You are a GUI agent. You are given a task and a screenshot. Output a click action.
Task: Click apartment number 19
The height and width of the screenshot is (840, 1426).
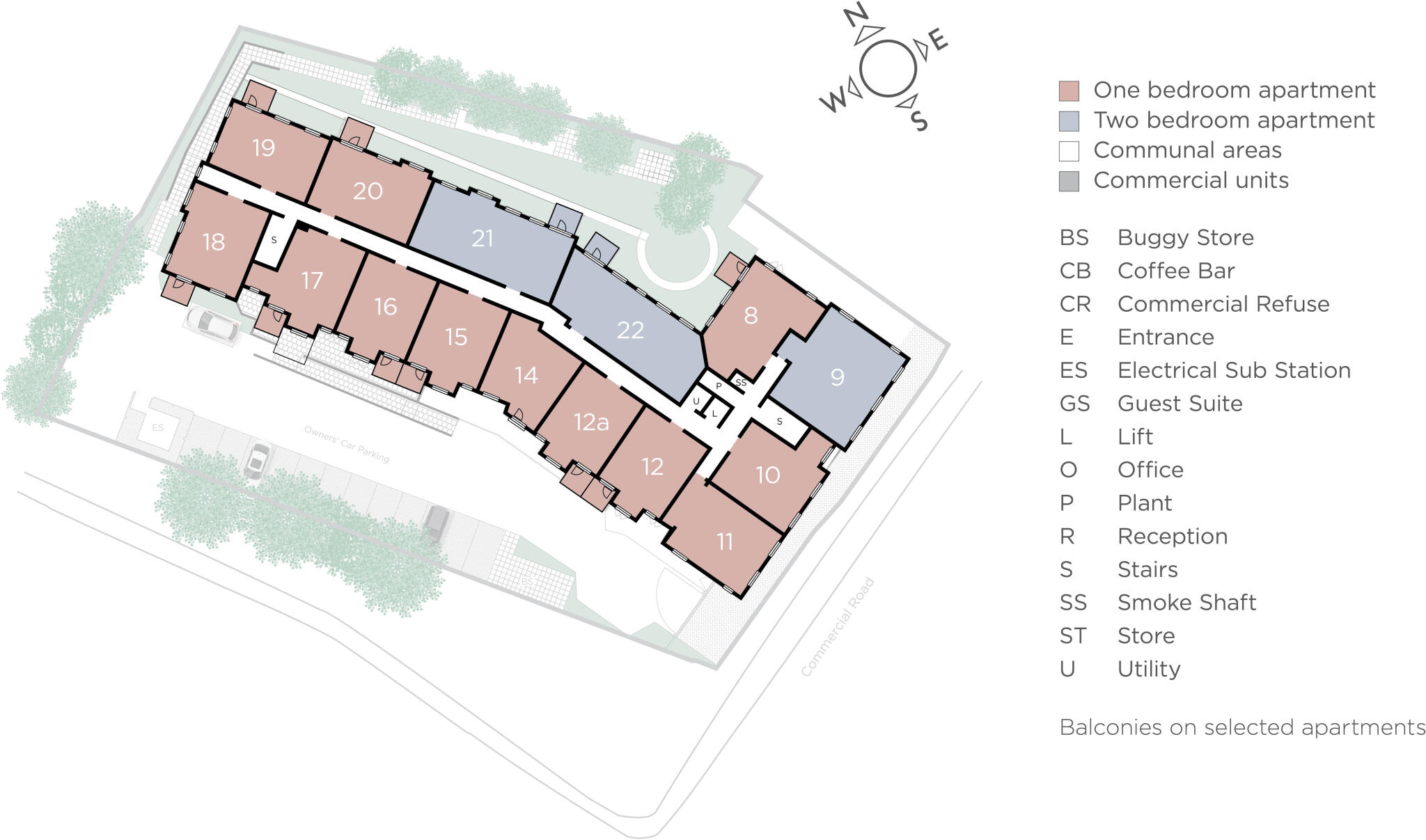tap(263, 148)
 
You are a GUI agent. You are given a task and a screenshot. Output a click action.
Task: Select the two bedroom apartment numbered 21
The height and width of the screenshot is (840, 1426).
tap(483, 239)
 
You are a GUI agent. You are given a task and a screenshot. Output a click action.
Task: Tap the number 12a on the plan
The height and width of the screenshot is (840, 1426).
tap(591, 422)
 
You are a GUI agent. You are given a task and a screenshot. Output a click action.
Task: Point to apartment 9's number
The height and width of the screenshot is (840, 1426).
tap(837, 377)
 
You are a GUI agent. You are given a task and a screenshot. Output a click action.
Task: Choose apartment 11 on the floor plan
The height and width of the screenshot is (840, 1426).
tap(725, 541)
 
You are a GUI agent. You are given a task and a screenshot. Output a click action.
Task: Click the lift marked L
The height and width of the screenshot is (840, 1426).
tap(714, 414)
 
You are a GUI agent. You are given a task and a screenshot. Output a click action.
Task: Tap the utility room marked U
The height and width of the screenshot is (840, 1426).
tap(696, 402)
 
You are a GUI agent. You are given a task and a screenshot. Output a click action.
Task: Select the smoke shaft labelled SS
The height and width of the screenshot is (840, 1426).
tap(741, 383)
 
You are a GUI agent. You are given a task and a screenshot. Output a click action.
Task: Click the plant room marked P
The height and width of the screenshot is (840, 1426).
tap(719, 386)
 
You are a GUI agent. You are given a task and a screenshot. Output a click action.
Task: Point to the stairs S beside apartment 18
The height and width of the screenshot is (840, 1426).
tap(274, 240)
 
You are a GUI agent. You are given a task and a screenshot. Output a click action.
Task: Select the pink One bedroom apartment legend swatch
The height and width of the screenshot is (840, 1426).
tap(1068, 90)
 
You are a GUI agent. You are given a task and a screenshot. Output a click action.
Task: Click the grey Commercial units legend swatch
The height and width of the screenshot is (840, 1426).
tap(1068, 181)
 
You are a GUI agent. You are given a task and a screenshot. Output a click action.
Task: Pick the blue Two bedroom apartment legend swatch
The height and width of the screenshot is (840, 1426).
tap(1068, 121)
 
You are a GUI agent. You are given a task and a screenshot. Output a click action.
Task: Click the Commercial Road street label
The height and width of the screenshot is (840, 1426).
tap(837, 627)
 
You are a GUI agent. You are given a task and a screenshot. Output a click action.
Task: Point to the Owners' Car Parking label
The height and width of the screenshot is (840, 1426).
tap(347, 444)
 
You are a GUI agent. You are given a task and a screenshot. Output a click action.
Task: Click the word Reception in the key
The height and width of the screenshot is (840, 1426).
tap(1172, 537)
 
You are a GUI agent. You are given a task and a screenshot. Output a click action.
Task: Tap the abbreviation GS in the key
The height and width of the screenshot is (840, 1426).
tap(1074, 404)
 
